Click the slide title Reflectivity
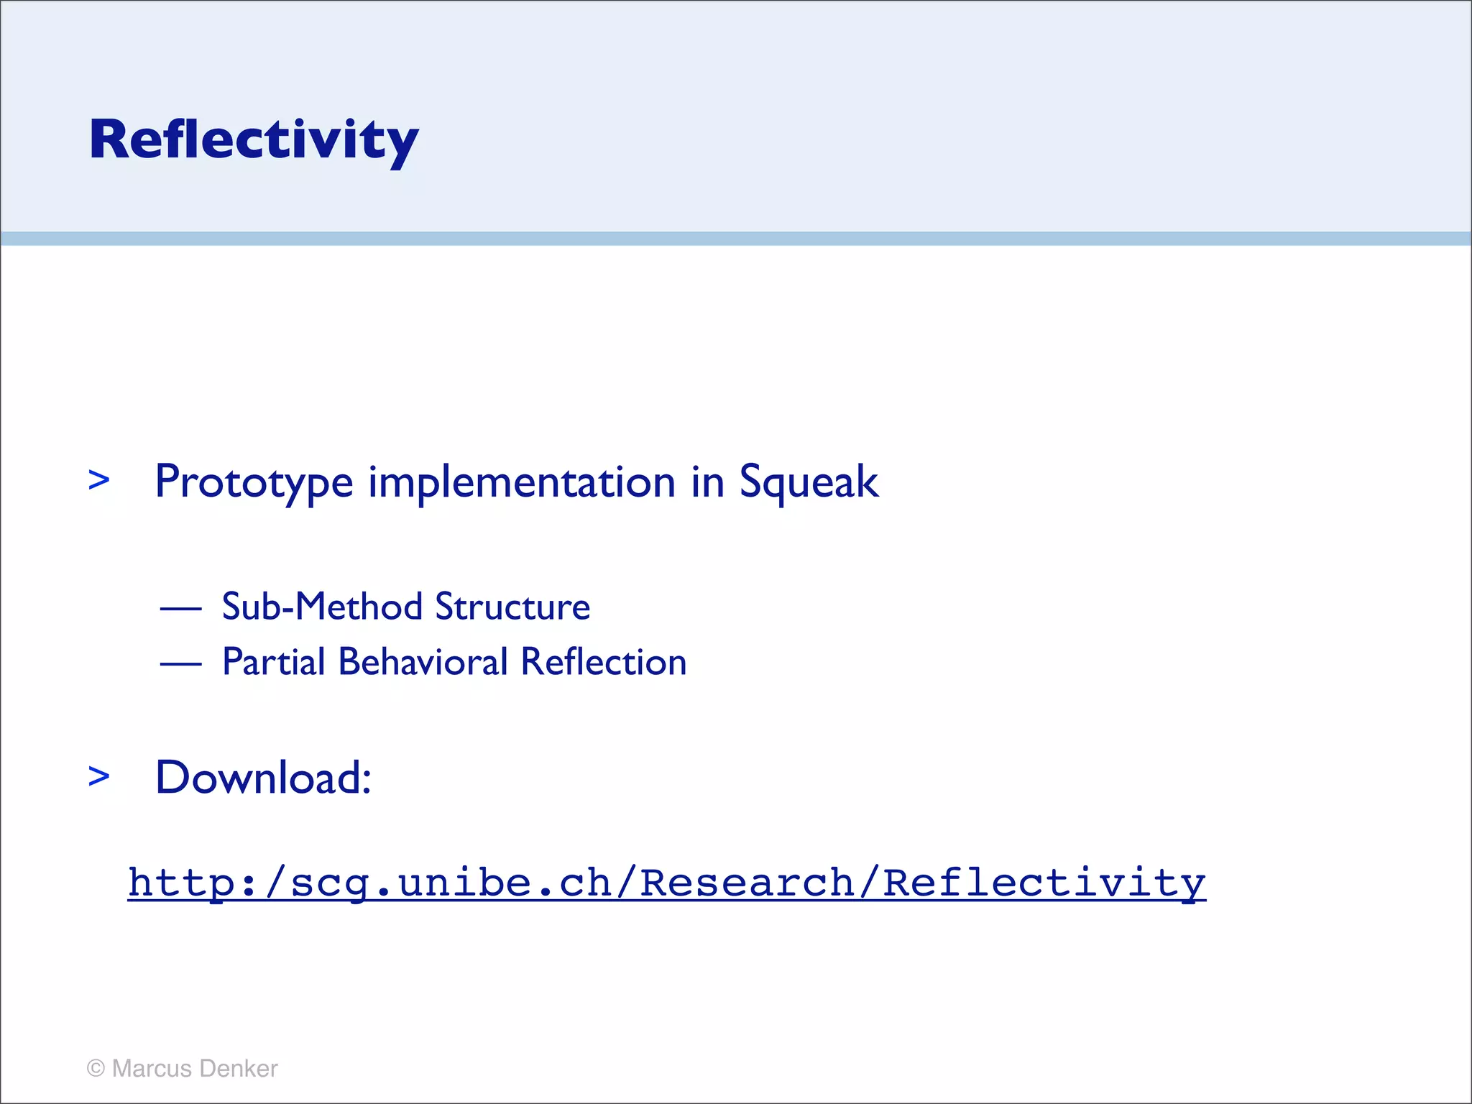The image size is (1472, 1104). tap(253, 139)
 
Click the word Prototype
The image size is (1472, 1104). tap(253, 482)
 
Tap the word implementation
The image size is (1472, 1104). tap(522, 482)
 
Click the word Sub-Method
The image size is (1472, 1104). tap(322, 607)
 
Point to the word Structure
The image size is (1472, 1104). tap(512, 607)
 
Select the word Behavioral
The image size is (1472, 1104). tap(423, 662)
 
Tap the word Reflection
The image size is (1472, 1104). tap(604, 662)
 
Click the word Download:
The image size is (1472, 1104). tap(263, 778)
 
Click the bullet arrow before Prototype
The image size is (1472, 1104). tap(98, 480)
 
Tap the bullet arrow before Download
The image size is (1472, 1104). tap(98, 776)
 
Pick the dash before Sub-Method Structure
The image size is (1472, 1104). tap(180, 609)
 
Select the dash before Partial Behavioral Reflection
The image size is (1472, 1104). tap(180, 664)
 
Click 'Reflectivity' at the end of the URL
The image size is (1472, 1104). tap(1044, 883)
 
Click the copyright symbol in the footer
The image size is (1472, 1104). tap(96, 1069)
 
